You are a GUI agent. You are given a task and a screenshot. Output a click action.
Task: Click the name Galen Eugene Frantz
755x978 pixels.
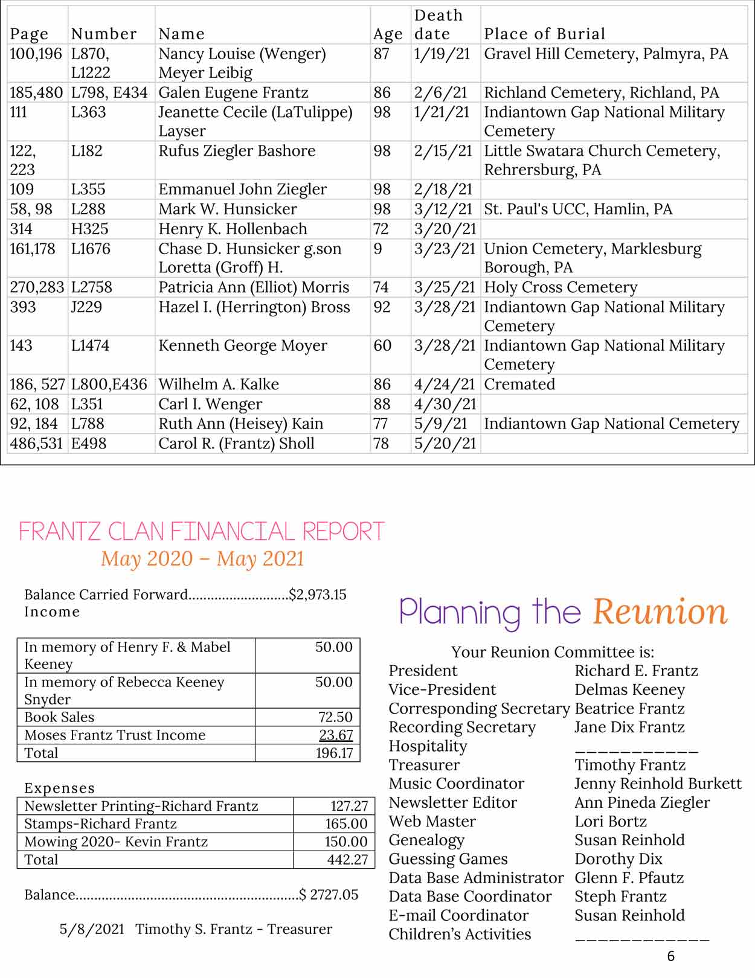tap(233, 92)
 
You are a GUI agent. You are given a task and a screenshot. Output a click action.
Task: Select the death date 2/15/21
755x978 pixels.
tap(443, 151)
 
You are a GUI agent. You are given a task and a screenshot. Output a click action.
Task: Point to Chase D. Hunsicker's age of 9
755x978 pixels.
tap(378, 249)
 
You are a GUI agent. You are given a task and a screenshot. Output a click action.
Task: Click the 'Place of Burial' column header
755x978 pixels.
tap(544, 34)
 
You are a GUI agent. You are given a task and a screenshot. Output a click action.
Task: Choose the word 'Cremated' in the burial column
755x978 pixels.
tap(519, 385)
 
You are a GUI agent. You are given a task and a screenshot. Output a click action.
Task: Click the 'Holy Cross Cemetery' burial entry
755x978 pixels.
tap(561, 287)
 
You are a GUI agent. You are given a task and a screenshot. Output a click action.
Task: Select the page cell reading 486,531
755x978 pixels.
tap(36, 444)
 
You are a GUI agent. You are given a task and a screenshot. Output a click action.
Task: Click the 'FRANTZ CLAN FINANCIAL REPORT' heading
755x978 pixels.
tap(202, 531)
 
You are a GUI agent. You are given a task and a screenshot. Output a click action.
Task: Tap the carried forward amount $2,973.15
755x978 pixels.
tap(318, 595)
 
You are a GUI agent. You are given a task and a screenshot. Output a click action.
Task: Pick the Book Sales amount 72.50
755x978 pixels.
tap(335, 717)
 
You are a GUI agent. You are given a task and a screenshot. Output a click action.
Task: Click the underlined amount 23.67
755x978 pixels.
tap(335, 735)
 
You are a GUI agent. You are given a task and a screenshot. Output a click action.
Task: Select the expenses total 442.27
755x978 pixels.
tap(347, 860)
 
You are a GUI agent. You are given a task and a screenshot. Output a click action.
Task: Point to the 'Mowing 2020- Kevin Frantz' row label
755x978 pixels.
tap(116, 842)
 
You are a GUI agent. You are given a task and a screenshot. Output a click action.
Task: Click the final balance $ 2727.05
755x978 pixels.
tap(329, 895)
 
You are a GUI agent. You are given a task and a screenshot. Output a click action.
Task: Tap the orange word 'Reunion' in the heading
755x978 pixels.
tap(660, 612)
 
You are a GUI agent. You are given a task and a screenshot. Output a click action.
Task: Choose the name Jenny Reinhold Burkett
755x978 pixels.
tap(658, 784)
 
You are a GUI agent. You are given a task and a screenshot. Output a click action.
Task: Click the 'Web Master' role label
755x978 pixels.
tap(432, 822)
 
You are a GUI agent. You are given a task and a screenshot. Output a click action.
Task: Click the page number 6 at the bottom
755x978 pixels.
tap(671, 956)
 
